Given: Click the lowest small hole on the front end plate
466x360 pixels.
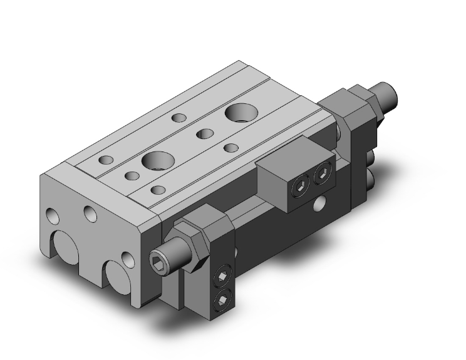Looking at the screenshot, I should click(x=128, y=257).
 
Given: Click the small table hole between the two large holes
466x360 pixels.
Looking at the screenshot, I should click(x=204, y=133).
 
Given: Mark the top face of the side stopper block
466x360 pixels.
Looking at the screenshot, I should click(x=288, y=155).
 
